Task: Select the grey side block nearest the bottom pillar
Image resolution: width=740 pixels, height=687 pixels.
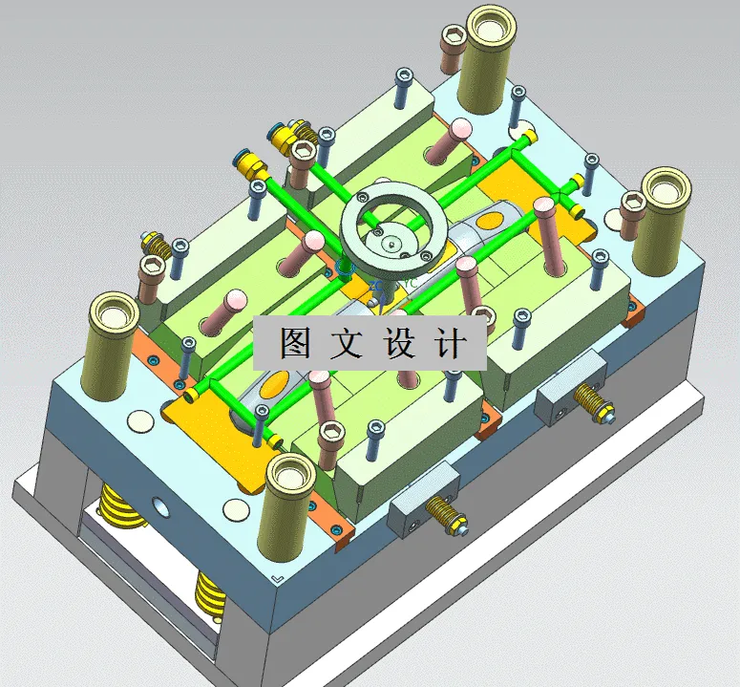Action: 419,502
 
